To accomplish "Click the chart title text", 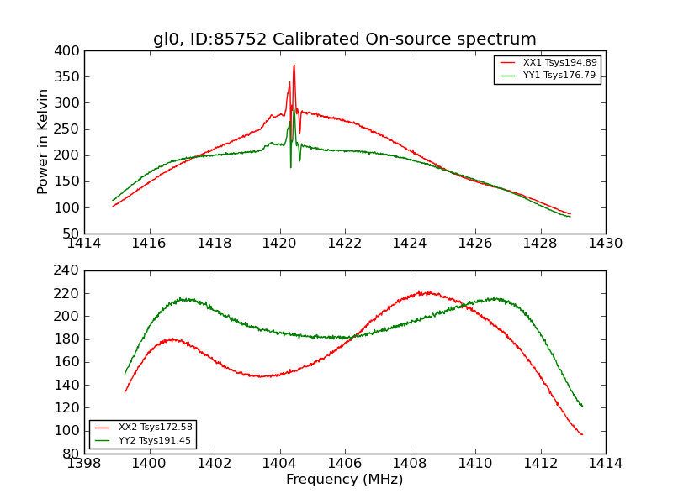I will (x=344, y=39).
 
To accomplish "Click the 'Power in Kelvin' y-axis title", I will (x=43, y=142).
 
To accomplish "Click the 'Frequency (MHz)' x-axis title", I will (x=344, y=480).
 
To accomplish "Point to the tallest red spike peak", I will (x=294, y=66).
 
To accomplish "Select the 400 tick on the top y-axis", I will (x=70, y=51).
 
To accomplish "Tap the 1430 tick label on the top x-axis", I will (x=605, y=244).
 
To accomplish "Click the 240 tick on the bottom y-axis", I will (x=70, y=270).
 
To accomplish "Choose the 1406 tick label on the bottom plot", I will (x=344, y=464).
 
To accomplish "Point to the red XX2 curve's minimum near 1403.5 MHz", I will (x=264, y=376).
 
